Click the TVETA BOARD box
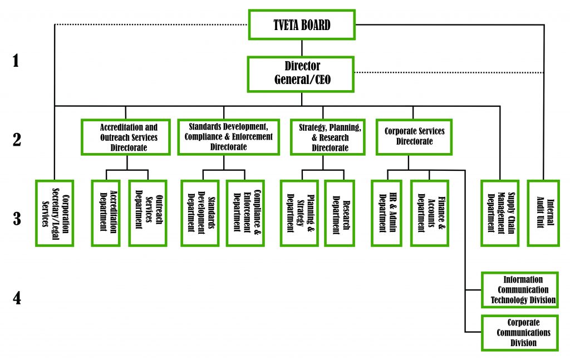point(302,24)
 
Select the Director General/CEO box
point(302,73)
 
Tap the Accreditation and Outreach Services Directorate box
point(129,137)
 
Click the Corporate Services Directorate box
point(414,137)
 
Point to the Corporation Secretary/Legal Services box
point(55,213)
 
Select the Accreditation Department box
point(106,213)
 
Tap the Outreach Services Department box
point(148,213)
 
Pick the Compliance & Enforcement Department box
point(245,213)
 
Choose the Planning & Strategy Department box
point(298,213)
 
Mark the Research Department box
point(340,213)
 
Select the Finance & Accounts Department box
point(429,213)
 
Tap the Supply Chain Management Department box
point(499,213)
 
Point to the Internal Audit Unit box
point(542,213)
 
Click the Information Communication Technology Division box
point(519,290)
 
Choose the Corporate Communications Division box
point(519,333)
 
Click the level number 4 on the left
point(17,299)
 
